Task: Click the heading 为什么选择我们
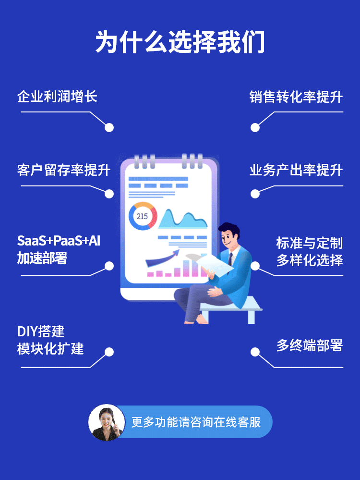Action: (x=180, y=42)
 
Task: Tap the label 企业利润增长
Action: (x=57, y=97)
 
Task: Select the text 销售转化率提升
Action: (x=296, y=97)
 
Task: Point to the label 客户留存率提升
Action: (x=64, y=170)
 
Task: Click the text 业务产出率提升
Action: (x=296, y=170)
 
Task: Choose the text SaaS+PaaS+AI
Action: (x=59, y=241)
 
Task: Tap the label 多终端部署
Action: (x=310, y=345)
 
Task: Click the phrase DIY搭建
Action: (x=41, y=332)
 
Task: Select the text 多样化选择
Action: (x=310, y=260)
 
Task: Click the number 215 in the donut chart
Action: (x=142, y=216)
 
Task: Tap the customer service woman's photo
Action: (x=107, y=422)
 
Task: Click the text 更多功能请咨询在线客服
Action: (x=196, y=422)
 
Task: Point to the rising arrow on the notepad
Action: (x=162, y=258)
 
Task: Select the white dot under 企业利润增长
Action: (x=109, y=128)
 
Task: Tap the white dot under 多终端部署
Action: (x=255, y=352)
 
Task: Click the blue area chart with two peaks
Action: (x=182, y=219)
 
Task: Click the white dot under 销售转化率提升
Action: (x=255, y=128)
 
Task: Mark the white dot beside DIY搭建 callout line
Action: (x=109, y=352)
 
